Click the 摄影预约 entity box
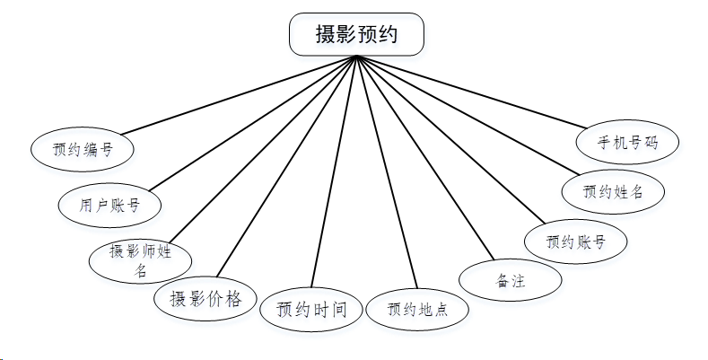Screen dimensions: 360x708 pos(356,34)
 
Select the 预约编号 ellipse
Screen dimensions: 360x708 pos(83,149)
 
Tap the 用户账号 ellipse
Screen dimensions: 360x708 pos(109,205)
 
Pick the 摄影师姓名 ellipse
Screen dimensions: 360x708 pos(141,260)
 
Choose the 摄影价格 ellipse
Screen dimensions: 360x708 pos(205,299)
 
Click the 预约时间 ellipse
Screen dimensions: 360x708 pos(311,311)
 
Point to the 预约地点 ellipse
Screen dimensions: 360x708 pos(417,311)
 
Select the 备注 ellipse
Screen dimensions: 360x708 pos(511,280)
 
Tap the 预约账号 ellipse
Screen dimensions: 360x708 pos(575,241)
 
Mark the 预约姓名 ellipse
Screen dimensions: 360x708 pos(613,190)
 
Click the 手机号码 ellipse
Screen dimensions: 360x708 pos(628,142)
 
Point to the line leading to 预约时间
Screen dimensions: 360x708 pos(335,171)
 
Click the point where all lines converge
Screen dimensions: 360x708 pos(356,57)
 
